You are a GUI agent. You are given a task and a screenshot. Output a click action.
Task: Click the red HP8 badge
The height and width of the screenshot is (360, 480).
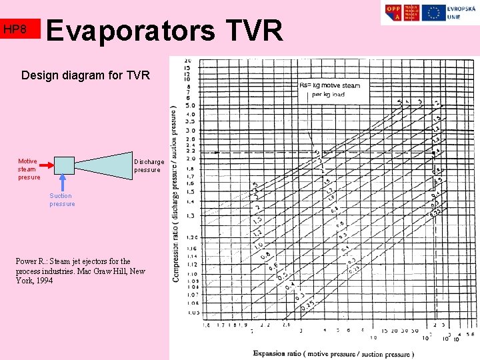20,29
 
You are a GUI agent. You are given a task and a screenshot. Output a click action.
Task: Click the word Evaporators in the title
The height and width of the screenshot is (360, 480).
131,30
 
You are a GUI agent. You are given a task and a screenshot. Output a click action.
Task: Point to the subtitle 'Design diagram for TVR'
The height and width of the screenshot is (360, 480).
86,75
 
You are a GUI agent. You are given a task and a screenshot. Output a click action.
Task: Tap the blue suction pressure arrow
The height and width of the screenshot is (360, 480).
63,183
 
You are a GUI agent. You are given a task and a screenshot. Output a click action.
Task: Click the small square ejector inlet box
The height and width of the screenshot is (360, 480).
63,164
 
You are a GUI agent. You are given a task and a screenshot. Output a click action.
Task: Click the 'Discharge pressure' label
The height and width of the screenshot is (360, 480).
148,166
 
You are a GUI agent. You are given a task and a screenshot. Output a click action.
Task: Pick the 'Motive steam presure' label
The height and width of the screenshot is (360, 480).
28,169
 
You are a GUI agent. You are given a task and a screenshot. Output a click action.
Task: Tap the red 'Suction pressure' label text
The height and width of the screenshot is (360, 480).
61,200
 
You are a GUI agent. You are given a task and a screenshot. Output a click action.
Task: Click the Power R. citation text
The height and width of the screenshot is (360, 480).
80,271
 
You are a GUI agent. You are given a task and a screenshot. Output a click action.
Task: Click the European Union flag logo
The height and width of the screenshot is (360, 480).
434,13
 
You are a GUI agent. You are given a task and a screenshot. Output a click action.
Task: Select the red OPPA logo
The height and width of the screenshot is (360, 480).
393,13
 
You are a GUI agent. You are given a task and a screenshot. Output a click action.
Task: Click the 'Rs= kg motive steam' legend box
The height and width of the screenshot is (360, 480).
332,90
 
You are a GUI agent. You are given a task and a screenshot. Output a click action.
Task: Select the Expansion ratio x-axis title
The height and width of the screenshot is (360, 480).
333,353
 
